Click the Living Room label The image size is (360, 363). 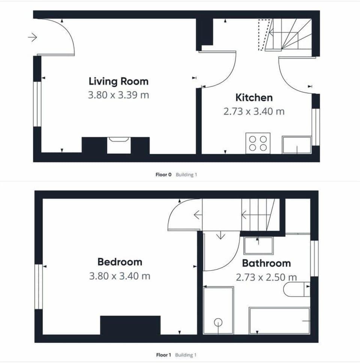coord(118,81)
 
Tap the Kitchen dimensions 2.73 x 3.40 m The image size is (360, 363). coord(254,111)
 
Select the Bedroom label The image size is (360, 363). coord(120,261)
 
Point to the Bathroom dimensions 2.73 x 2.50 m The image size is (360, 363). coord(266,277)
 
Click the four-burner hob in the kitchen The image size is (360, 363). coord(258,143)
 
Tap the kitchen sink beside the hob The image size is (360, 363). coord(297,145)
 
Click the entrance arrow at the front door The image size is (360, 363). coord(33,37)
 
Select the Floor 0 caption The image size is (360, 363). coord(163,175)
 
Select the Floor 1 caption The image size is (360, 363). coord(163,355)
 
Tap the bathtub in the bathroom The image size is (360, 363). coord(280,321)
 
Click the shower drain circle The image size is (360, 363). coord(218,322)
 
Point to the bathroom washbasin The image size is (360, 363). coord(258,246)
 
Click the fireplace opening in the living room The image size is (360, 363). coord(119,145)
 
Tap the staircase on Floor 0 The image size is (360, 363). coord(289,35)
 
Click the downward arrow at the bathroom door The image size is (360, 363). coord(220,235)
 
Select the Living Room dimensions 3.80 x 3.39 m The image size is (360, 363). coord(118,95)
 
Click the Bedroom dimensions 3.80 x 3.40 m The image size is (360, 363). coord(120,276)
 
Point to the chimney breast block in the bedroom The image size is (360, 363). coord(130,325)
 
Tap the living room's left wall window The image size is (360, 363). coord(37,104)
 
